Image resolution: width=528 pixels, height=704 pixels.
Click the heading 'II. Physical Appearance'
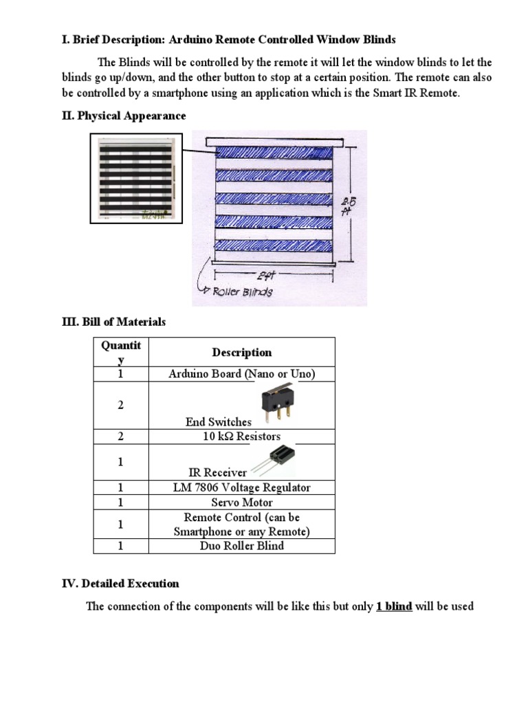pos(124,115)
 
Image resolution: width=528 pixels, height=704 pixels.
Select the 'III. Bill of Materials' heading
pos(113,322)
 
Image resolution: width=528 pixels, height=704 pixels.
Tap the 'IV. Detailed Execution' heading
pos(120,584)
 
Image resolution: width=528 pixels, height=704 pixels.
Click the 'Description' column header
pos(241,352)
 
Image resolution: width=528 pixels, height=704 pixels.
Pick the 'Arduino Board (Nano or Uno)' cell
pos(241,374)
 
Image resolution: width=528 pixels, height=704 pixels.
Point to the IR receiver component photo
pos(270,458)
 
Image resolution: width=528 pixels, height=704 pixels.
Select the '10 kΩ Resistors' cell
pos(241,436)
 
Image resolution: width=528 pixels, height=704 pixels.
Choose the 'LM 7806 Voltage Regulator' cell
pos(241,487)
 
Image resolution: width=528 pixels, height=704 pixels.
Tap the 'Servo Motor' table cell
pos(241,503)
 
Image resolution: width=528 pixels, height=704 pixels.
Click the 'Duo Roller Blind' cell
pos(241,546)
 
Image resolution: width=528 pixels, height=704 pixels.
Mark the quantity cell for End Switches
pos(120,405)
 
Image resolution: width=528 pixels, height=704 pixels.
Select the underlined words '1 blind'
pos(394,607)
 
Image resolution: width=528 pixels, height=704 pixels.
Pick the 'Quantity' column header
pos(120,352)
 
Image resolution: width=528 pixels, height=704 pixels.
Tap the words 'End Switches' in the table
pos(218,421)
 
